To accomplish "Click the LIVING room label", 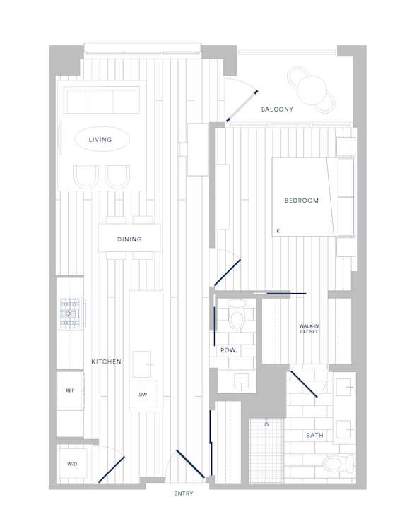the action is click(x=100, y=140).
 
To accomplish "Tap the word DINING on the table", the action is click(x=129, y=239).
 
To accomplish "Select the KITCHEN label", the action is click(x=106, y=361).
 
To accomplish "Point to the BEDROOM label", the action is click(x=302, y=201).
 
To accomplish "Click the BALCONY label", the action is click(x=277, y=109).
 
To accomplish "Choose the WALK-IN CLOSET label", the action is click(x=309, y=329).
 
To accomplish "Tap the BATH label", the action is click(x=314, y=436).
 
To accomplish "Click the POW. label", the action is click(x=229, y=350).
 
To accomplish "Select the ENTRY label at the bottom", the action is click(x=184, y=494).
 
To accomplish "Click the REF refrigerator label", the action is click(x=70, y=390).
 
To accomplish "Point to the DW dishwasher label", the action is click(x=143, y=395).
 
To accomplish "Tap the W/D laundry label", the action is click(x=72, y=465).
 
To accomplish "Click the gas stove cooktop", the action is click(x=70, y=313).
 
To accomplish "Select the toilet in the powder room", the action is click(x=237, y=316).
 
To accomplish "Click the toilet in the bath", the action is click(x=338, y=465).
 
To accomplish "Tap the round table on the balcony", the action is click(x=312, y=90).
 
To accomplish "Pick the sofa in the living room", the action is click(x=102, y=100).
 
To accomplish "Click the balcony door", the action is click(x=242, y=106).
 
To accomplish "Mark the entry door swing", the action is click(x=190, y=464).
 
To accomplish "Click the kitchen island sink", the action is click(x=141, y=364).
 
